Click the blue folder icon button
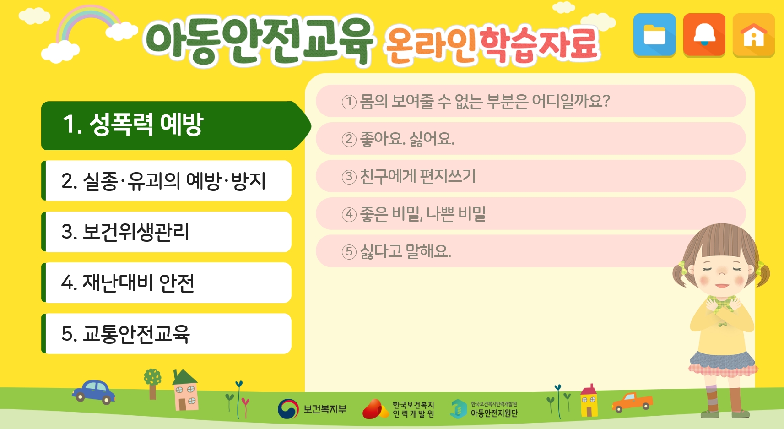point(654,35)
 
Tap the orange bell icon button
point(704,35)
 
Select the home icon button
point(753,35)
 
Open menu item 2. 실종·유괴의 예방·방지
point(166,181)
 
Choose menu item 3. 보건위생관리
point(166,232)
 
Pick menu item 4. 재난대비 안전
point(166,282)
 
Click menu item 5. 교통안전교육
point(166,333)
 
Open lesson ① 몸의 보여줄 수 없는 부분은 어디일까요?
point(530,101)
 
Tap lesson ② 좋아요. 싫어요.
point(530,139)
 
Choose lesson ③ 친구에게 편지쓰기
point(530,176)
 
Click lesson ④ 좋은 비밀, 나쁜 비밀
point(530,214)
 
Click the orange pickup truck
point(632,402)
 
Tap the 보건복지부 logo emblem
point(288,409)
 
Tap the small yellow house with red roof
point(589,400)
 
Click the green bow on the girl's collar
point(722,304)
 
